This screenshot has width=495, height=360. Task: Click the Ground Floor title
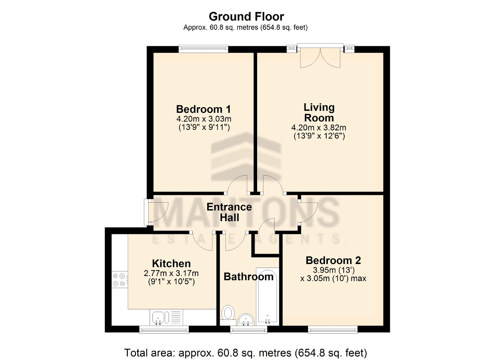(x=246, y=17)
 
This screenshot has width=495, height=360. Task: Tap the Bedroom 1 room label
(x=203, y=109)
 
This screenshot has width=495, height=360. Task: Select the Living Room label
(x=319, y=113)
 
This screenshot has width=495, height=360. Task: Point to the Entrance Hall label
(x=229, y=212)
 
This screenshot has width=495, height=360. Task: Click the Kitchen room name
(x=171, y=264)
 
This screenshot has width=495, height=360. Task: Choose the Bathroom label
(x=249, y=277)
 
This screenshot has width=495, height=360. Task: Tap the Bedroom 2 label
(x=333, y=261)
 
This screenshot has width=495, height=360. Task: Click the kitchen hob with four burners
(x=120, y=280)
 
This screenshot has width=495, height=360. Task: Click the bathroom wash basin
(x=246, y=319)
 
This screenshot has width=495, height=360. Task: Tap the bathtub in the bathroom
(x=267, y=297)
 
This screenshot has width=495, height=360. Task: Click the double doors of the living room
(x=320, y=56)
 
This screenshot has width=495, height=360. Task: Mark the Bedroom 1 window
(x=203, y=49)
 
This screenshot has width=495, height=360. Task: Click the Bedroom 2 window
(x=333, y=330)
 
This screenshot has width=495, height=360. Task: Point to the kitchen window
(x=164, y=330)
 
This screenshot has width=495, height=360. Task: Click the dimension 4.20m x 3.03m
(x=204, y=119)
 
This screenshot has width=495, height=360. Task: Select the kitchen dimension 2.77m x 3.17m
(x=171, y=274)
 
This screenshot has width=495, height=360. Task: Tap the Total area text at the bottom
(x=246, y=353)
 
